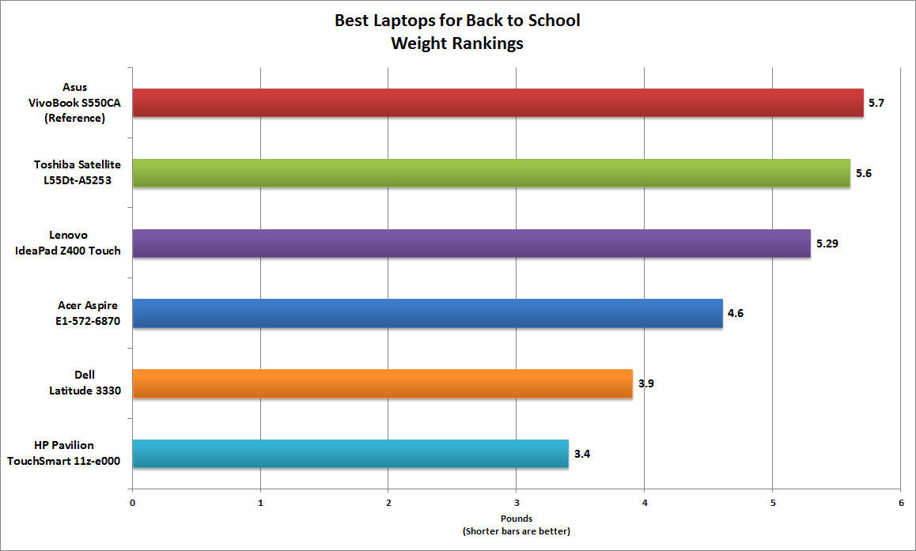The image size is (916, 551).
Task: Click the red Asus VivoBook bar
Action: click(x=498, y=103)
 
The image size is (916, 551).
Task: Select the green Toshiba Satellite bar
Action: click(x=490, y=173)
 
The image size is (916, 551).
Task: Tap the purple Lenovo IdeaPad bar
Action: click(x=471, y=243)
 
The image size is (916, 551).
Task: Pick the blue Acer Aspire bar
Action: click(x=427, y=313)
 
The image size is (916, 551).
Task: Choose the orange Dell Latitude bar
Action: click(x=382, y=383)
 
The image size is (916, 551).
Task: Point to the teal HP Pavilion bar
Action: click(x=350, y=454)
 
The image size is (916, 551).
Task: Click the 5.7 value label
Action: click(x=876, y=103)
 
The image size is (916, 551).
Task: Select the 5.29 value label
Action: click(x=827, y=243)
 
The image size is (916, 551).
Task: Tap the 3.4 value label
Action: click(x=582, y=454)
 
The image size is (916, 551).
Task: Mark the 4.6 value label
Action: click(x=735, y=313)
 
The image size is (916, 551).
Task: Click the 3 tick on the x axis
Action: click(x=517, y=502)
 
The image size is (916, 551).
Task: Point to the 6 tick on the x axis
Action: click(x=901, y=502)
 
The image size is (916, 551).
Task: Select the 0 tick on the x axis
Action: click(x=132, y=502)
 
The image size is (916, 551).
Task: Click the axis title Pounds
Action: click(x=516, y=519)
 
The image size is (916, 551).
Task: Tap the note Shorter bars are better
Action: click(x=516, y=531)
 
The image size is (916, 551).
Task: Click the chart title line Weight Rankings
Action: click(x=457, y=43)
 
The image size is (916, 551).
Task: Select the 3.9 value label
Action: click(x=646, y=383)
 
